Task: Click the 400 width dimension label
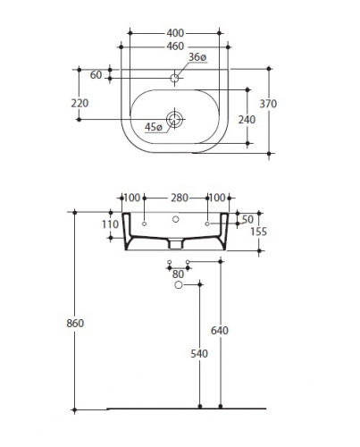tap(175, 33)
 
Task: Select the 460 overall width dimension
tap(175, 46)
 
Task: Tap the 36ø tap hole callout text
tap(197, 57)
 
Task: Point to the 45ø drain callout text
tap(154, 127)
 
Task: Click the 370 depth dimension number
tap(268, 104)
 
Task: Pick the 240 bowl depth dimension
tap(247, 120)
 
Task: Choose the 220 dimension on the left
tap(80, 103)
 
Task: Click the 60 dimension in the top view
tap(96, 75)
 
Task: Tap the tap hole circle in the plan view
tap(174, 78)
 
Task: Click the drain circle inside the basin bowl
tap(174, 119)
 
